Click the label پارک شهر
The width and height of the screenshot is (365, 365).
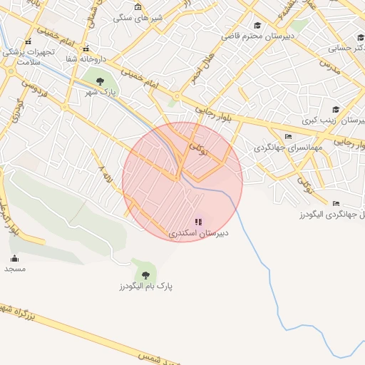tap(101, 93)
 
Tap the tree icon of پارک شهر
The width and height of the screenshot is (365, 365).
tap(100, 81)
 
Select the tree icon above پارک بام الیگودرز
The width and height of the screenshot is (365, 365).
tap(145, 274)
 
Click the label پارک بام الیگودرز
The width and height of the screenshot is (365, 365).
tap(147, 286)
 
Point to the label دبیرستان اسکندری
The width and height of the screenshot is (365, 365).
tap(198, 233)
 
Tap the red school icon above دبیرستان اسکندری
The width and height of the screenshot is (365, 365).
tap(198, 222)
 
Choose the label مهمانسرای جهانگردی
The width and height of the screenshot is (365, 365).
tap(289, 148)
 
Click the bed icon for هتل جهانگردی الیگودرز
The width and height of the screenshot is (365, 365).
tap(336, 203)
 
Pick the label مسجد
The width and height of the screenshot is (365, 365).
tap(15, 269)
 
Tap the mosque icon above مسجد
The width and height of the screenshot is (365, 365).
tap(15, 258)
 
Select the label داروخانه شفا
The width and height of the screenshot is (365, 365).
tap(85, 59)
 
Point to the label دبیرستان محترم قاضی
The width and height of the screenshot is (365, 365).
tap(256, 35)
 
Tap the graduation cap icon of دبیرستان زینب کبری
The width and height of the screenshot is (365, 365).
tap(336, 109)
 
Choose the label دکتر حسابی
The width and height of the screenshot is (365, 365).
tap(345, 49)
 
